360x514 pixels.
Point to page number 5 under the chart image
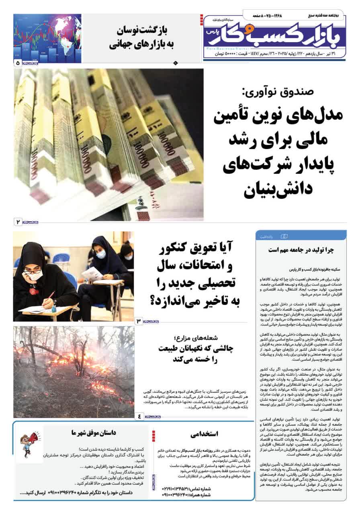(x=18, y=63)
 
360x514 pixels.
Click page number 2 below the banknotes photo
(x=18, y=222)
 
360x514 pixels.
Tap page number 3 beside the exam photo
(x=139, y=321)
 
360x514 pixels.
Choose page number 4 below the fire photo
(x=139, y=416)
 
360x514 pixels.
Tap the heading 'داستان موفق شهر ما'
(x=94, y=433)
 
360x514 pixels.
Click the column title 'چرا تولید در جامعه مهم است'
(x=301, y=250)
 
